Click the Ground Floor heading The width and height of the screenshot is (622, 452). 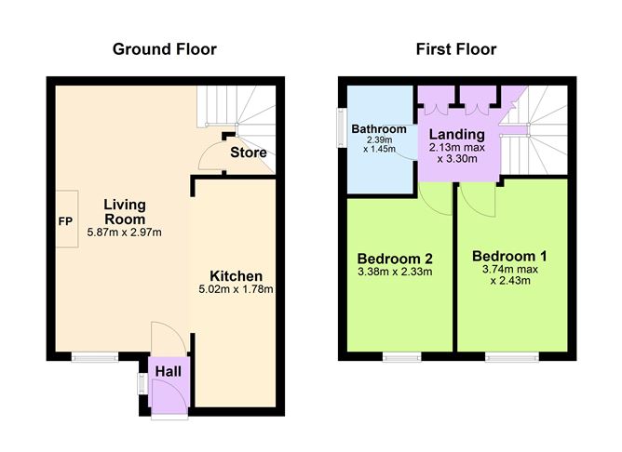164,48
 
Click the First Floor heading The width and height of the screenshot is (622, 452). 455,48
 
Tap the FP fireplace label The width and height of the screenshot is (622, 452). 65,222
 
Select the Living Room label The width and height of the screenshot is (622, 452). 124,211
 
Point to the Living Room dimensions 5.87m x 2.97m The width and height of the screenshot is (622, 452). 124,233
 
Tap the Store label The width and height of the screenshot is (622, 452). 249,153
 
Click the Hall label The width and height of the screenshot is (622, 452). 169,371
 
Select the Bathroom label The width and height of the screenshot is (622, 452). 379,128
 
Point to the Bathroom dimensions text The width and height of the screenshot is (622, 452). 379,145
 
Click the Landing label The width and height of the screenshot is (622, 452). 456,134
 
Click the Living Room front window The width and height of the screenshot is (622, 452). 96,355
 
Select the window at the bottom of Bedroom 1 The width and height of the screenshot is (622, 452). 512,355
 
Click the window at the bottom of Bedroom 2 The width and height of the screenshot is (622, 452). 400,355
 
